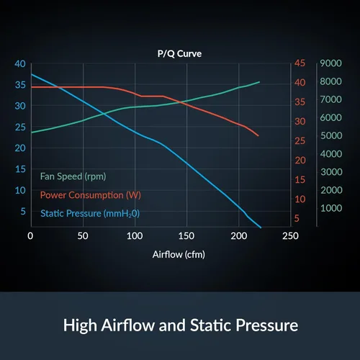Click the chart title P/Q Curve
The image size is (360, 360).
coord(179,53)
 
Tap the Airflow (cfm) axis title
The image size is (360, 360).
coord(179,254)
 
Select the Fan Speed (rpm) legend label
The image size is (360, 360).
coord(73,176)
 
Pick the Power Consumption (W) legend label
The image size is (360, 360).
coord(91,195)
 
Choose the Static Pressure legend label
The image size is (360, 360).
coord(90,214)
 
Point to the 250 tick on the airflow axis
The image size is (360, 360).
coord(290,236)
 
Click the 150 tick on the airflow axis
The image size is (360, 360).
coord(186,236)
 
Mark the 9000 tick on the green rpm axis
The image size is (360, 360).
coord(330,63)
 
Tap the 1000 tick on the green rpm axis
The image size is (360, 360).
coord(331,208)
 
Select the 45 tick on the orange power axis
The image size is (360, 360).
coord(300,63)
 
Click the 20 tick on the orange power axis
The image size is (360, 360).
coord(300,160)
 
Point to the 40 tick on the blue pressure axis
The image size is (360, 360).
coord(20,64)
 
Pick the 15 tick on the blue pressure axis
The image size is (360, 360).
coord(20,169)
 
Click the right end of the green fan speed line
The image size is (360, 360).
coord(259,82)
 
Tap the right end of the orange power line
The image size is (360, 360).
coord(258,136)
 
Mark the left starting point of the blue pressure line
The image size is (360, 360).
coord(32,74)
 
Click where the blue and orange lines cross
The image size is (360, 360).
coord(58,87)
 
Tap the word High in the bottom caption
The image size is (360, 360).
coord(80,326)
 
